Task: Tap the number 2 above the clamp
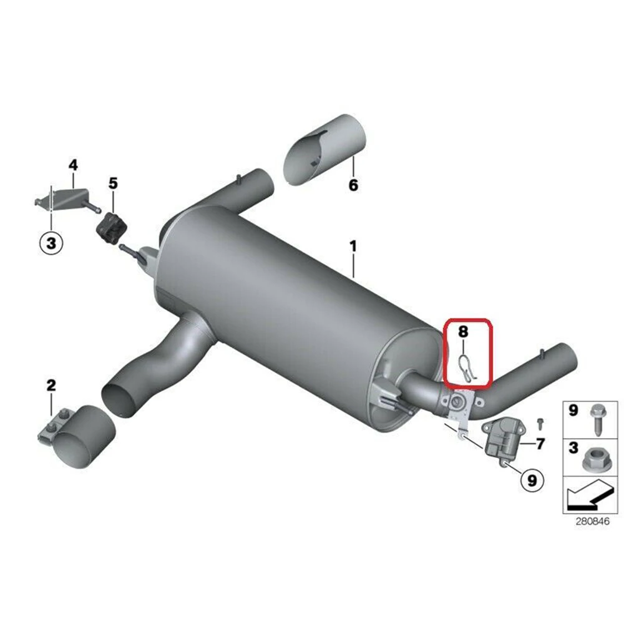[x=51, y=385]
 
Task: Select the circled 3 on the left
[x=51, y=242]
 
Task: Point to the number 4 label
[x=73, y=165]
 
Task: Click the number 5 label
[x=113, y=183]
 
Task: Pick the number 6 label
[x=353, y=185]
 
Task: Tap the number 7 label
[x=540, y=444]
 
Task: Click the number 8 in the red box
[x=463, y=331]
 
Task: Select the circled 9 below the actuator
[x=531, y=480]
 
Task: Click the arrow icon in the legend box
[x=586, y=497]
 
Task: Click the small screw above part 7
[x=540, y=423]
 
